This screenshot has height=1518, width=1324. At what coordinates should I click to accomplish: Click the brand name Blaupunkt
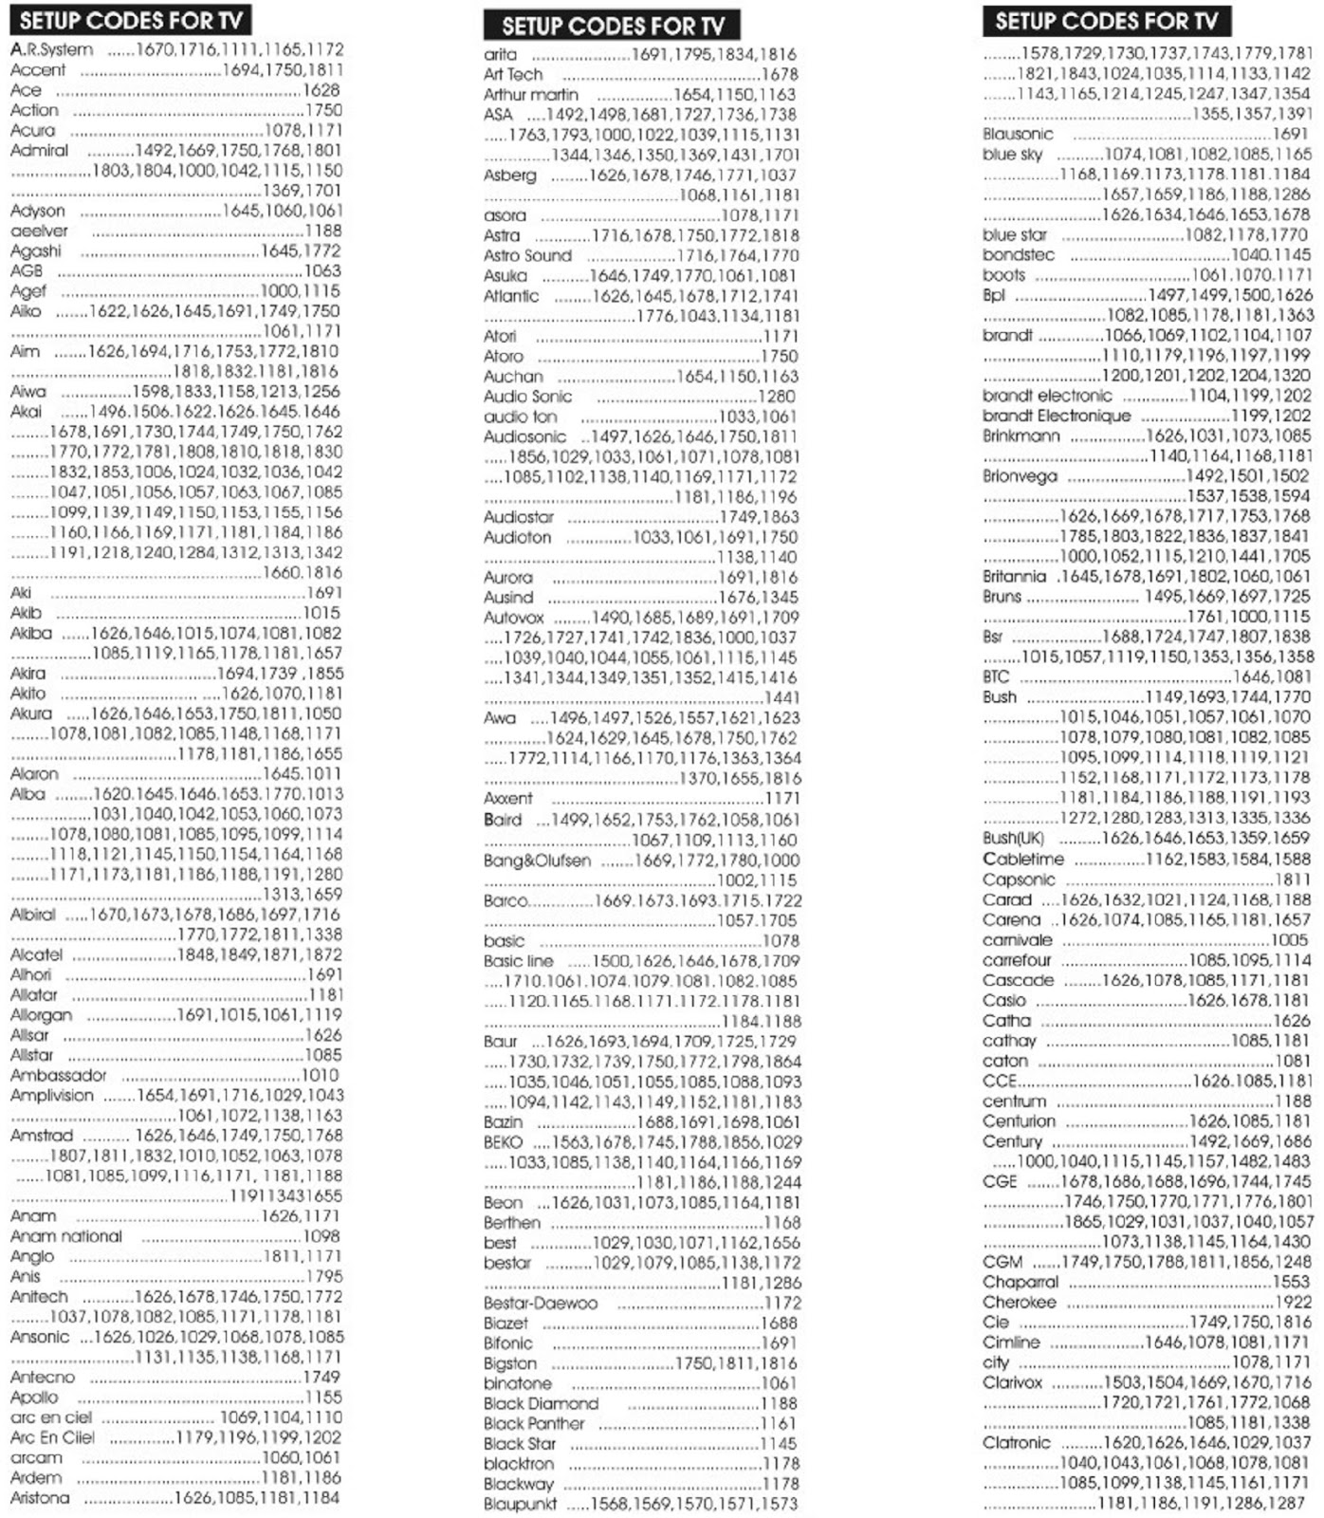pos(520,1505)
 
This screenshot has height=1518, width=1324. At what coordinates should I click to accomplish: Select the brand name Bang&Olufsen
pos(537,861)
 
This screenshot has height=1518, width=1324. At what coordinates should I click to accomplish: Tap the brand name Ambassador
pos(58,1075)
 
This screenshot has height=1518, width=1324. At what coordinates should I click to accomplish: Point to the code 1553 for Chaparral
pos(1292,1282)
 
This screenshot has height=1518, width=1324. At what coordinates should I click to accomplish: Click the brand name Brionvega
pos(1020,475)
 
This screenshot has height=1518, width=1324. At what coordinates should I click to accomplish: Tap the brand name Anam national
pos(65,1236)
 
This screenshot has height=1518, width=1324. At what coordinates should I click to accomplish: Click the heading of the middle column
pos(612,26)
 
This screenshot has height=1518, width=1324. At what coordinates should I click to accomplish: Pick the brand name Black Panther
pos(534,1423)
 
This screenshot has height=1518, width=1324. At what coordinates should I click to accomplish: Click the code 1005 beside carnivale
pos(1290,939)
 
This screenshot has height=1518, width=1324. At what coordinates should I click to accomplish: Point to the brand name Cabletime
pos(1022,859)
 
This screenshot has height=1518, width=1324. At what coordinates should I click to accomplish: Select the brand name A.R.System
pos(51,49)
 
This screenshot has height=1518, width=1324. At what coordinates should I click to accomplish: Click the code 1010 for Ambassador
pos(320,1075)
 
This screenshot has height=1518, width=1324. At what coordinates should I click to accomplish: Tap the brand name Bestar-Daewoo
pos(540,1303)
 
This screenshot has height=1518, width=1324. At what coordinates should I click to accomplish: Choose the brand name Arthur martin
pos(530,94)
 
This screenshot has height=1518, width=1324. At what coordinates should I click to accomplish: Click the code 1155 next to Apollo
pos(323,1397)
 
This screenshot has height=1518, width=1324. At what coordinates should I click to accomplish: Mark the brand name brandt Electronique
pos(1056,416)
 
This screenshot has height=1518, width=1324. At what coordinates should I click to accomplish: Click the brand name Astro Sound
pos(527,255)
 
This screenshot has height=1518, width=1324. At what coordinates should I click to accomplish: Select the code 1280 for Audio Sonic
pos(777,396)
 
